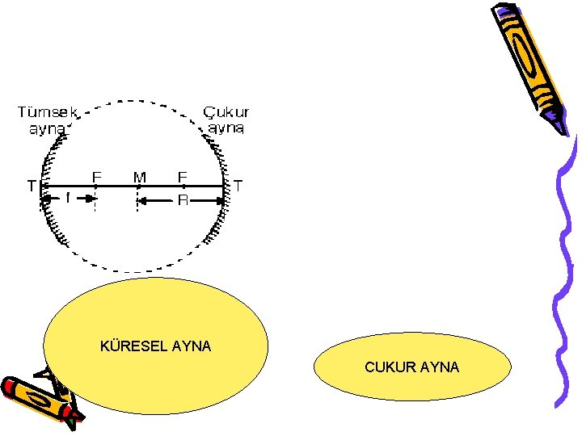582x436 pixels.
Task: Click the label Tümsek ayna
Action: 45,119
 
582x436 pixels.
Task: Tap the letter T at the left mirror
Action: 31,186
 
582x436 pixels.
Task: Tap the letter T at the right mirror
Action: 238,186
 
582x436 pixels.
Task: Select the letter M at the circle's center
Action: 139,177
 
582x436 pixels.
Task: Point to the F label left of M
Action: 96,176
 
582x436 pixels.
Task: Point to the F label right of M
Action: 182,176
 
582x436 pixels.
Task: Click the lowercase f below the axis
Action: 68,196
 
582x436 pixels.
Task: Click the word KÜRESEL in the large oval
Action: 129,346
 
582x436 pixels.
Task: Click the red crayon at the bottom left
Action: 36,398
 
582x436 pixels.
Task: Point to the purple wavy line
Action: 563,266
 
